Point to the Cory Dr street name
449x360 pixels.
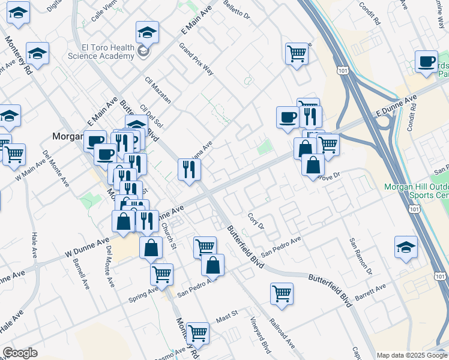point(256,220)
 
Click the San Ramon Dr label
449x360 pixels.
point(361,256)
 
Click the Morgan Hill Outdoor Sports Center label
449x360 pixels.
point(416,191)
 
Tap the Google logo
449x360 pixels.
point(20,353)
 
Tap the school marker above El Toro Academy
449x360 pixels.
point(147,31)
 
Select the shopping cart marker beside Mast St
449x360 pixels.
point(197,332)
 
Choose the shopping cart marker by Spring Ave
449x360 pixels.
point(161,274)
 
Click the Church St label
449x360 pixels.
point(168,236)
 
